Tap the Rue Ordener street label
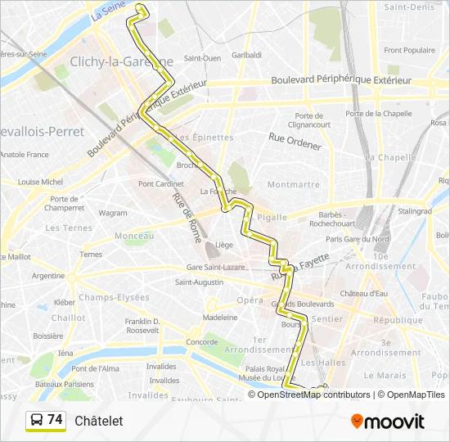coord(295,140)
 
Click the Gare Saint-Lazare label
coord(217,267)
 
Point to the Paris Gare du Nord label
coord(358,239)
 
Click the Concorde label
coord(202,341)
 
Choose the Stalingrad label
coord(414,211)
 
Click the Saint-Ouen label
coord(202,58)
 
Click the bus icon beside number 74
coord(37,421)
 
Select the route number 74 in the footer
coord(55,420)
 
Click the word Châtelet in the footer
coord(98,421)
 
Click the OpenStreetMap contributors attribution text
coord(310,395)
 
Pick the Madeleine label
coord(220,317)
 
